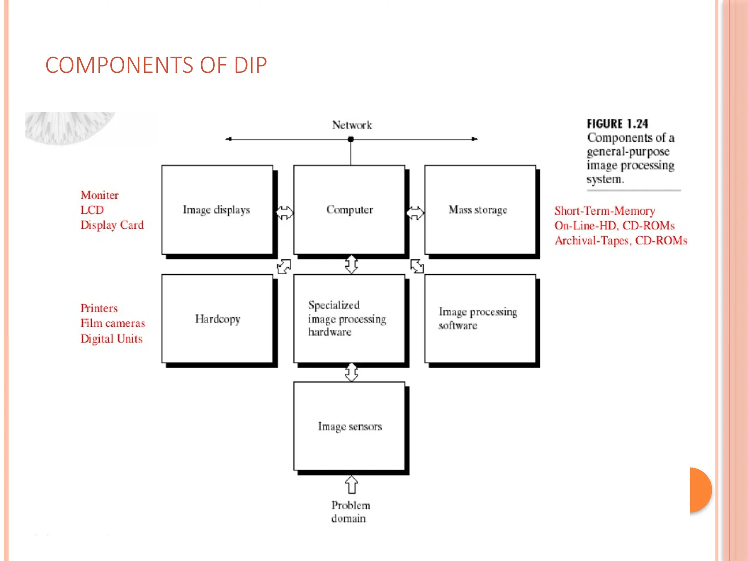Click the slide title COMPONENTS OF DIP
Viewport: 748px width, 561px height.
pyautogui.click(x=156, y=65)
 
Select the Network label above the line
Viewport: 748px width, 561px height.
pyautogui.click(x=352, y=125)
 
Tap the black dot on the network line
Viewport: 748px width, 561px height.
pyautogui.click(x=351, y=139)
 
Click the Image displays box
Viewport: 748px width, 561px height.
pyautogui.click(x=217, y=210)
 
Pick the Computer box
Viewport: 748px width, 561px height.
pyautogui.click(x=349, y=210)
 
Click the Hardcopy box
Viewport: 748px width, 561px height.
pyautogui.click(x=217, y=319)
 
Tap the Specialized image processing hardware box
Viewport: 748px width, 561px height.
pyautogui.click(x=349, y=318)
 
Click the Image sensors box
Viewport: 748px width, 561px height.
pyautogui.click(x=349, y=426)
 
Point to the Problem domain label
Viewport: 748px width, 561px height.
pyautogui.click(x=350, y=512)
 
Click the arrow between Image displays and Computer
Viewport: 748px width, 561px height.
pyautogui.click(x=284, y=213)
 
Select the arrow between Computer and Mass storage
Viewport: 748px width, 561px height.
pyautogui.click(x=415, y=213)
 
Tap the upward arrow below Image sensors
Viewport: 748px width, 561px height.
pyautogui.click(x=351, y=485)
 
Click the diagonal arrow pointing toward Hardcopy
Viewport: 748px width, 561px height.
pyautogui.click(x=284, y=266)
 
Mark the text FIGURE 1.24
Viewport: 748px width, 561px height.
pyautogui.click(x=618, y=124)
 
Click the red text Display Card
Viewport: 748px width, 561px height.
pyautogui.click(x=112, y=225)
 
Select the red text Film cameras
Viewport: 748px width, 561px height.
pyautogui.click(x=112, y=323)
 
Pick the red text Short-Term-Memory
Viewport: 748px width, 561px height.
pyautogui.click(x=604, y=211)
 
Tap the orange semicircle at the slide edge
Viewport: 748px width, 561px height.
pyautogui.click(x=701, y=490)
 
